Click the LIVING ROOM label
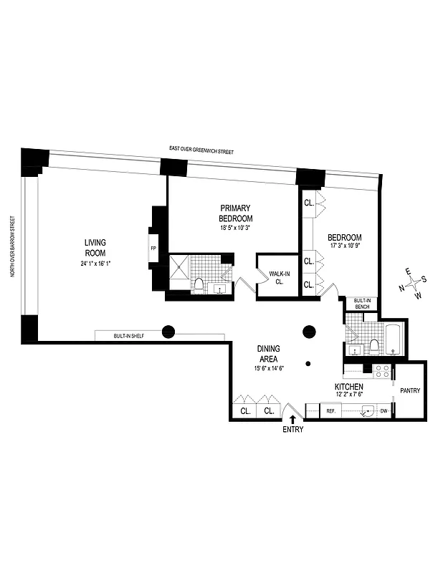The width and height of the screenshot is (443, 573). point(95,248)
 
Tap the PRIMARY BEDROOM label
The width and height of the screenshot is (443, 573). point(236,213)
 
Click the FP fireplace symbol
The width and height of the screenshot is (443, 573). point(153,249)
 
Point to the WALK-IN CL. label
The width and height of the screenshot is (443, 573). point(277,277)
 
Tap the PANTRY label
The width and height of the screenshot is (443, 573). point(411,390)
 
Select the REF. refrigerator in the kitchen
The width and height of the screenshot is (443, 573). point(331,411)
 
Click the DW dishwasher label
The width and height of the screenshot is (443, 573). point(384,411)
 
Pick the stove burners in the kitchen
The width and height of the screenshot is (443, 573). point(382,371)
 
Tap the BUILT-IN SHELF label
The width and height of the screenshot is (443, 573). point(128,335)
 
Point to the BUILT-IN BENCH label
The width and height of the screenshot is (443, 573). point(361,304)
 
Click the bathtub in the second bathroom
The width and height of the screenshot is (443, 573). point(395,338)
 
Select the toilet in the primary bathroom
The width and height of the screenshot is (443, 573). point(200,286)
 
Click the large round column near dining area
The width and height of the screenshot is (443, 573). point(309,332)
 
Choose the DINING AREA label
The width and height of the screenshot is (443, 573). point(269,353)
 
